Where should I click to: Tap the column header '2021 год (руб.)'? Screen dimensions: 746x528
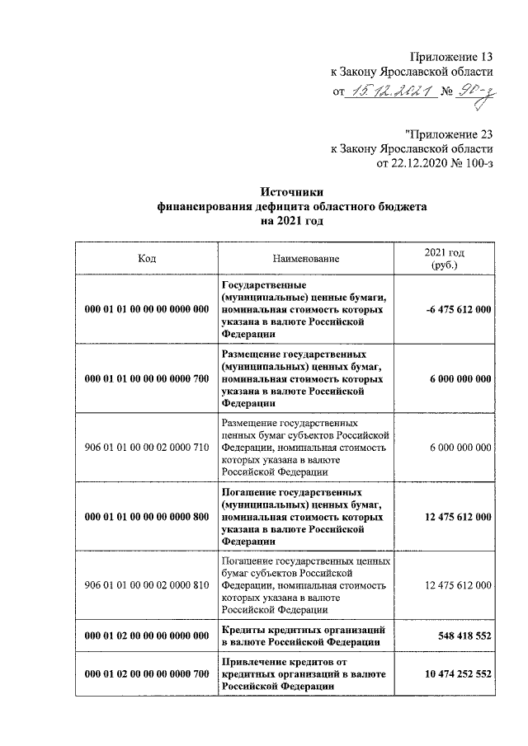pos(445,259)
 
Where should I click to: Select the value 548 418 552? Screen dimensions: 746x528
pos(465,636)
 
